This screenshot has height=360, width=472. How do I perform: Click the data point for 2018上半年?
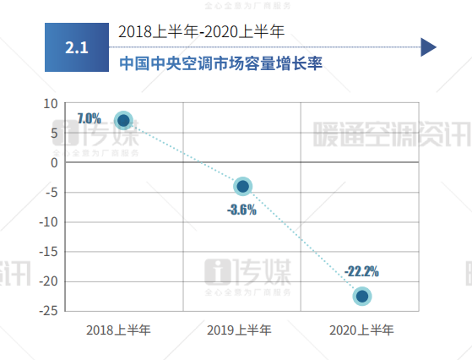[x=123, y=121]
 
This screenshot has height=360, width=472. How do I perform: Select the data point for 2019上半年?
[x=242, y=186]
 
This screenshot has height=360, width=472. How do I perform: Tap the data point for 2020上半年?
[x=362, y=296]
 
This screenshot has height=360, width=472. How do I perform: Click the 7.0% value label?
[x=89, y=118]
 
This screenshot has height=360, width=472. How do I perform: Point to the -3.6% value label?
[x=241, y=210]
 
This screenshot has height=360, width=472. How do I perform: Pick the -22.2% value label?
[x=361, y=271]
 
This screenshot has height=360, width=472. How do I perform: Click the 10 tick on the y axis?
[x=51, y=103]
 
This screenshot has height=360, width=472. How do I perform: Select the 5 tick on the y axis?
[x=54, y=133]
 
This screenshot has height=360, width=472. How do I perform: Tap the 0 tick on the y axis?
[x=54, y=162]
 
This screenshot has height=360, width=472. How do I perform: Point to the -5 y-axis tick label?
[x=52, y=192]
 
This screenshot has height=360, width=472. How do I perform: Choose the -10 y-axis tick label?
[x=49, y=221]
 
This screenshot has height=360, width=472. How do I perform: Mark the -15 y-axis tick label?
[x=49, y=251]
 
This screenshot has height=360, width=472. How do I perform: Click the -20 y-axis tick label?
[x=49, y=281]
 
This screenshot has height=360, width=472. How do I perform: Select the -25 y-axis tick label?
[x=49, y=310]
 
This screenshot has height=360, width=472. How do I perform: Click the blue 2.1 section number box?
[x=77, y=47]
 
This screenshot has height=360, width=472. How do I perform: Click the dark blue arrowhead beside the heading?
[x=428, y=46]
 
